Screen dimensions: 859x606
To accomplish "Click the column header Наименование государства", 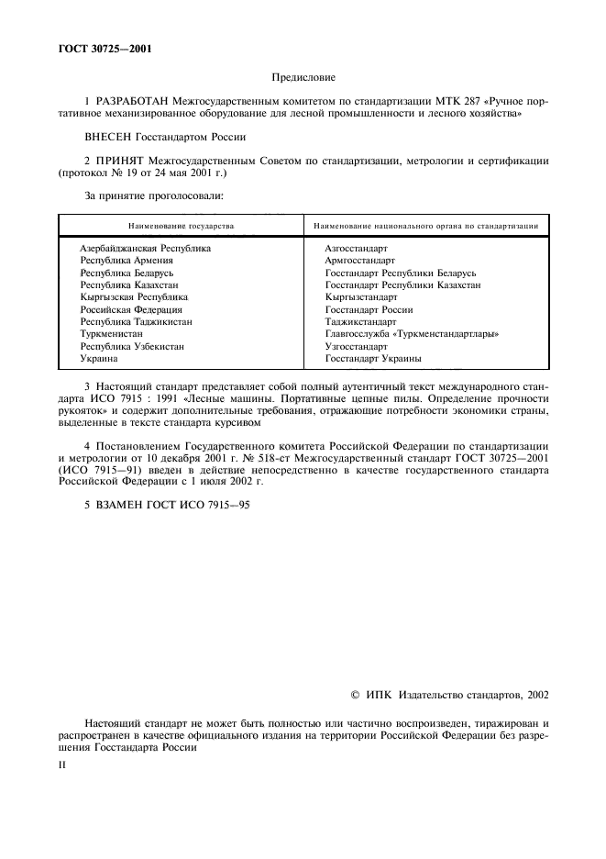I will (182, 226).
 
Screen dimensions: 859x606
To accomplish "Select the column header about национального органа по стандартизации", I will (425, 226).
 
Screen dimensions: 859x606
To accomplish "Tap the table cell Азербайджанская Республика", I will (145, 249).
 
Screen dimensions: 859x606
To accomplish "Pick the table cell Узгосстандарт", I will (356, 347).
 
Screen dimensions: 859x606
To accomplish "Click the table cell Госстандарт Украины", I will (373, 360).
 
